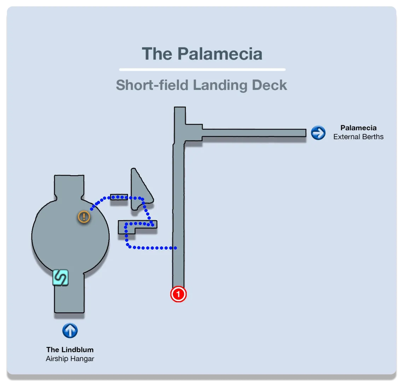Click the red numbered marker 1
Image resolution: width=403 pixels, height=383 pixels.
click(179, 294)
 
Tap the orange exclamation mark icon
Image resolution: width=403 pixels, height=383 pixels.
click(84, 216)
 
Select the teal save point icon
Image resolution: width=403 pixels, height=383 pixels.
click(60, 278)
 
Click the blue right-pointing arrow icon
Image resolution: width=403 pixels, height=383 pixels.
click(318, 133)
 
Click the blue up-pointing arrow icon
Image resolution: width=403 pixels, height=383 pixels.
click(70, 331)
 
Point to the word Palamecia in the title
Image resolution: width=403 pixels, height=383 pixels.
click(220, 54)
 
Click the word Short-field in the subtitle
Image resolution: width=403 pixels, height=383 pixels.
click(152, 85)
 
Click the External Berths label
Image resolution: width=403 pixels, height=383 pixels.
click(358, 137)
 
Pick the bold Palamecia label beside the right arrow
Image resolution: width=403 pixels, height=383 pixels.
click(358, 128)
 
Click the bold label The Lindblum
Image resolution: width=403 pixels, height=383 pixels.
click(70, 350)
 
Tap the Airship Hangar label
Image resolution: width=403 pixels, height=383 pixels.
click(70, 359)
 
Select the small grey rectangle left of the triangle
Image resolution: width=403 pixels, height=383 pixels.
click(119, 197)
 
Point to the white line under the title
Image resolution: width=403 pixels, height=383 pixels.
click(202, 69)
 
